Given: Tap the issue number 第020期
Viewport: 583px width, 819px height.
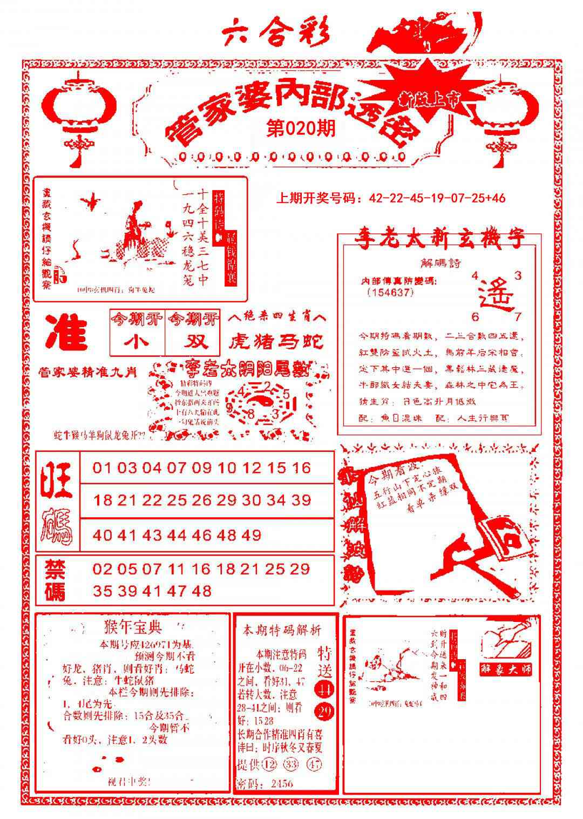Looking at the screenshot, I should click(301, 128).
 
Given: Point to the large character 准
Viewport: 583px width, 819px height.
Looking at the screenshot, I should click(67, 332).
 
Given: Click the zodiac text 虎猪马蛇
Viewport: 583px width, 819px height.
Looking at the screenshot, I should click(276, 341).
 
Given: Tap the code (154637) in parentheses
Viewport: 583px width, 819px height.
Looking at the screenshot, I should click(389, 293).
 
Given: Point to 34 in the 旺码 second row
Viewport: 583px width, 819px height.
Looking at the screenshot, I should click(276, 500).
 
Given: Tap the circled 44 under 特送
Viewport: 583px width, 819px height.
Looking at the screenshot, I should click(324, 689).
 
